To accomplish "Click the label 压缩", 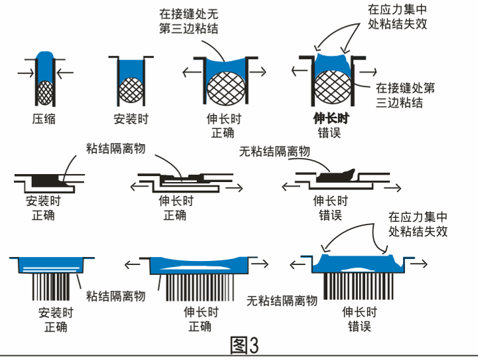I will [x=43, y=120].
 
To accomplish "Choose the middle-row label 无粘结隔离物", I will [x=274, y=151].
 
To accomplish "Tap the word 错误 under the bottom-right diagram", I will [x=359, y=326].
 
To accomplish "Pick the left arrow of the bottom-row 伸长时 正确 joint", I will [x=133, y=264].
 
